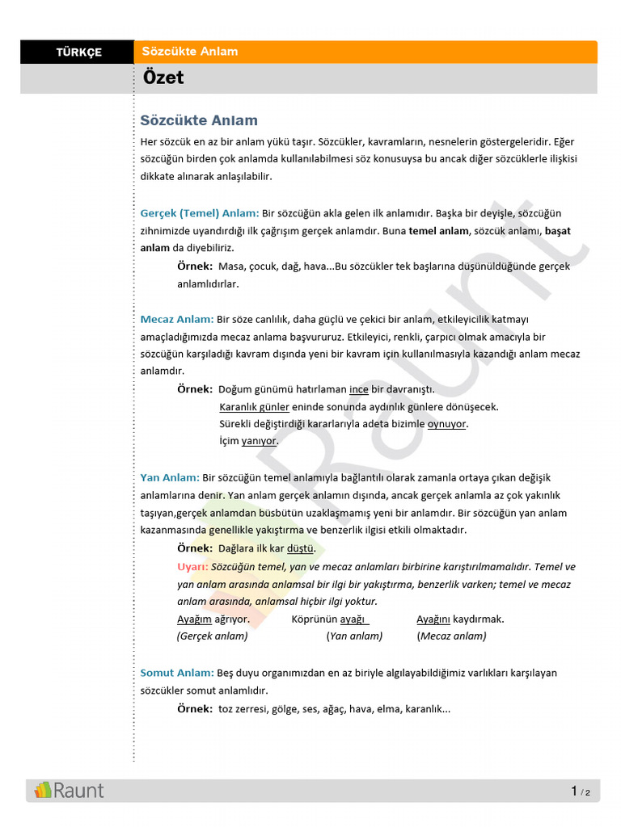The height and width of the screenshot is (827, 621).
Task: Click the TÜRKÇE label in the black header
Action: coord(78,52)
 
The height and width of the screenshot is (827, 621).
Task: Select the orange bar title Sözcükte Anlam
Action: coord(190,52)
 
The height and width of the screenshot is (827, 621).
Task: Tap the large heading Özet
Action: coord(163,78)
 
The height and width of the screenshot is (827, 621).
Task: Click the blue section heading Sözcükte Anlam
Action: coord(199,121)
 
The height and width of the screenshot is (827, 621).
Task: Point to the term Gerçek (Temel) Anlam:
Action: coord(200,213)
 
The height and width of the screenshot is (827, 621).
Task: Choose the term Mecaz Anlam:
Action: coord(177,319)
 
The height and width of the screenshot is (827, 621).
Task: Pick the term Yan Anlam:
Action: coord(170,478)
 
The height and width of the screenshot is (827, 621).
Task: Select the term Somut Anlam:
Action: coord(177,673)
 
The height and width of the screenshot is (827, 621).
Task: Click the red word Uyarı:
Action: coord(192,567)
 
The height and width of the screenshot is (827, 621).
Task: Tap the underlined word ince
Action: coord(358,389)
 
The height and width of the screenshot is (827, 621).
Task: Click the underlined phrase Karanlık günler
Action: coord(254,407)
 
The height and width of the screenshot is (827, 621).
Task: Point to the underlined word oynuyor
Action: coord(447,424)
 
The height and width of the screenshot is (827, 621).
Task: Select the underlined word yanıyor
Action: coord(259,441)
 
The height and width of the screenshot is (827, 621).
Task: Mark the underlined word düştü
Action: coord(301,548)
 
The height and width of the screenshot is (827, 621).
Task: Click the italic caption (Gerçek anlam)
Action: coord(213,636)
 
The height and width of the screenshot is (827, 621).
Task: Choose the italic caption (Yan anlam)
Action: coord(354,636)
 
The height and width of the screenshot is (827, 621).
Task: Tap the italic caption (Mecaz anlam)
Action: coord(451,636)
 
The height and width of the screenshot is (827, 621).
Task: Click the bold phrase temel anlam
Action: coord(438,231)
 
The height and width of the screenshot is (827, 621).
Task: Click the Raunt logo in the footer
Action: coord(69,790)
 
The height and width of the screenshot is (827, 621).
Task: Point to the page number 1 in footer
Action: coord(574,791)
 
